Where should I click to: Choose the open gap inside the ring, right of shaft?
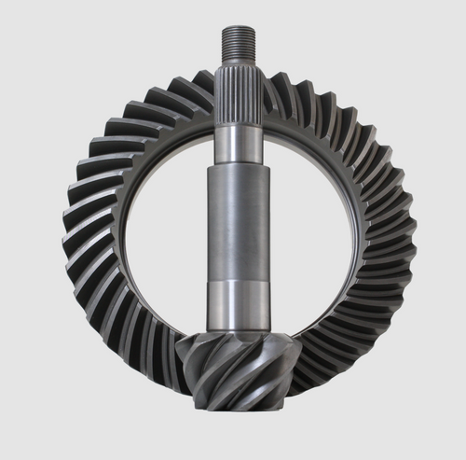[x=312, y=224]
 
